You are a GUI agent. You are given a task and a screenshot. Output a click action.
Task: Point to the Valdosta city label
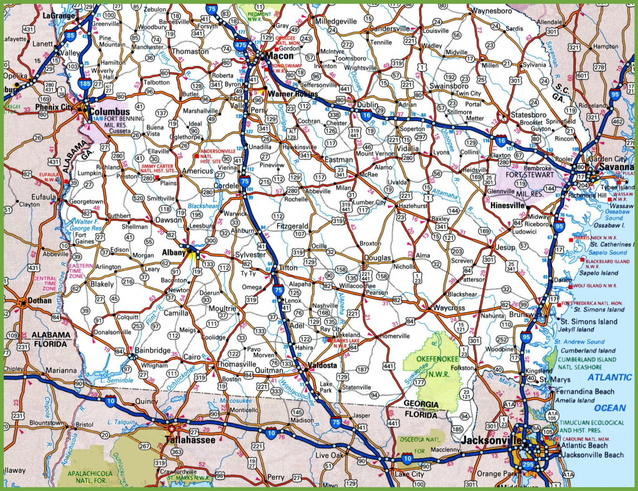pyautogui.click(x=323, y=365)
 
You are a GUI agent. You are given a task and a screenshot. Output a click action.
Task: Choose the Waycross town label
pyautogui.click(x=450, y=308)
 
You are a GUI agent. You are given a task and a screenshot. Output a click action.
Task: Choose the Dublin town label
pyautogui.click(x=368, y=105)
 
